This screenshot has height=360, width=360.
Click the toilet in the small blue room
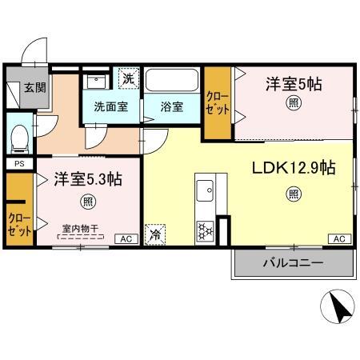click(20, 139)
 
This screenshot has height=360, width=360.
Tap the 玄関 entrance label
click(35, 87)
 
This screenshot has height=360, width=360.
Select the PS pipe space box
click(19, 163)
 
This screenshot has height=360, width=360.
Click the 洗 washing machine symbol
click(129, 78)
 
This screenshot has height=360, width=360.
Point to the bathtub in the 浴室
click(172, 81)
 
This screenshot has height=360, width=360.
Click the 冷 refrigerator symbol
click(155, 234)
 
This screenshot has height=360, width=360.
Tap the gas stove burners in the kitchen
click(206, 230)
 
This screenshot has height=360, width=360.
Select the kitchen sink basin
click(205, 190)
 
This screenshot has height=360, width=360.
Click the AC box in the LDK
click(339, 238)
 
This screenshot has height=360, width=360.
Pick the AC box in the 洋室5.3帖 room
click(126, 238)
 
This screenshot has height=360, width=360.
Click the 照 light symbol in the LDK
click(294, 194)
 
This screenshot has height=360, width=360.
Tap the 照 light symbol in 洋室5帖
click(294, 103)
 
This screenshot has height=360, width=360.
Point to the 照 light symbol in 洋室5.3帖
click(88, 202)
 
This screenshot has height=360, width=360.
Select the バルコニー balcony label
click(293, 263)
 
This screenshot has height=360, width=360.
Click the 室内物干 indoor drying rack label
click(81, 228)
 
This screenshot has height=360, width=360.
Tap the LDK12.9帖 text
click(294, 168)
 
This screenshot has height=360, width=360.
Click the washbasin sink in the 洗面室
click(96, 82)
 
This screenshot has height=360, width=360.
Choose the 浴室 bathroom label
click(172, 106)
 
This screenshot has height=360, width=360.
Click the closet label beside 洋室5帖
click(218, 103)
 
